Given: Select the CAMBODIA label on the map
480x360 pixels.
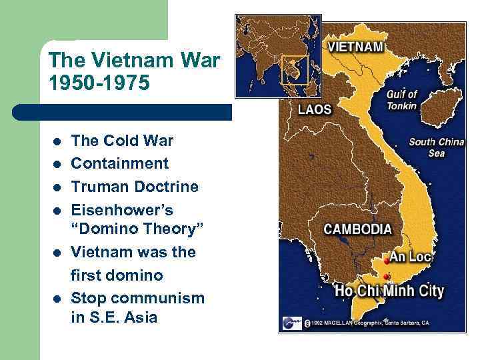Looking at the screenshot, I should click(x=357, y=229).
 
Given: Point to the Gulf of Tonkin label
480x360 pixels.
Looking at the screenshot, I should click(x=401, y=100).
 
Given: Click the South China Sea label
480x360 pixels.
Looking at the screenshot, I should click(x=436, y=147).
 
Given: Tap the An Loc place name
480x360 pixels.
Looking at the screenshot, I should click(x=411, y=257).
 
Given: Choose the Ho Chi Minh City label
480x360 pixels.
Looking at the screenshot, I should click(x=390, y=291).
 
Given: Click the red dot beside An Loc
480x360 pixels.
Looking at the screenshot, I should click(x=387, y=261).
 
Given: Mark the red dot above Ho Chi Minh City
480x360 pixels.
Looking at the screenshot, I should click(x=388, y=276).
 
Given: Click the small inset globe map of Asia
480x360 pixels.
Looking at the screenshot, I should click(x=278, y=56).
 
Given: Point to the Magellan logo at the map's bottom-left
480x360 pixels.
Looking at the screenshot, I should click(x=290, y=322).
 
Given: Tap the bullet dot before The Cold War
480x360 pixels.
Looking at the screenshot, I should click(x=58, y=142).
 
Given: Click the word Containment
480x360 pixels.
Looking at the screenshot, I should click(x=119, y=163).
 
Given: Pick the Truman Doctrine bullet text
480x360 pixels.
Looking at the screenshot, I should click(x=135, y=187).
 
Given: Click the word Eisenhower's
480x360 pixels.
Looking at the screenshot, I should click(x=122, y=210).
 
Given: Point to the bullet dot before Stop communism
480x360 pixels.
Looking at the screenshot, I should click(x=58, y=298).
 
